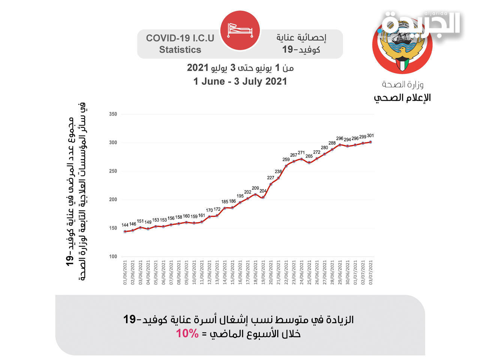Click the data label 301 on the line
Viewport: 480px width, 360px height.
[370, 136]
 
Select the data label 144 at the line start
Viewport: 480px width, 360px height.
[125, 225]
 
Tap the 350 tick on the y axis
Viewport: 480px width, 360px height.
[113, 114]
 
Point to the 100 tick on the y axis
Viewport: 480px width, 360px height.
[113, 256]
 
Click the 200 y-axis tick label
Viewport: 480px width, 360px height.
[113, 199]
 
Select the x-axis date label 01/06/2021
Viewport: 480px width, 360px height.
[125, 273]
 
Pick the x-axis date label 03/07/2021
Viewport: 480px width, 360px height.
[371, 273]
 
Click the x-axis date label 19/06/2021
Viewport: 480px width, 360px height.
[263, 273]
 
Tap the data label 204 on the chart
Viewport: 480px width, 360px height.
[263, 191]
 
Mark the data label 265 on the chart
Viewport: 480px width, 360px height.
[309, 156]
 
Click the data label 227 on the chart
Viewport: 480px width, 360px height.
[270, 178]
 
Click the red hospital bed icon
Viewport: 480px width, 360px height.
[240, 30]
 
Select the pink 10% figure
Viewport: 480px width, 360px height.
[187, 333]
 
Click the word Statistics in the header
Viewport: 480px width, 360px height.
[180, 50]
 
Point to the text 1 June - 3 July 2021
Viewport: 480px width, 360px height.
[240, 81]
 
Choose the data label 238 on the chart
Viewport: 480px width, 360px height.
[278, 172]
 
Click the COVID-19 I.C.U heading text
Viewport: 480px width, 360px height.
[180, 38]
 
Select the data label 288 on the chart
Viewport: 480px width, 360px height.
[332, 143]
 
